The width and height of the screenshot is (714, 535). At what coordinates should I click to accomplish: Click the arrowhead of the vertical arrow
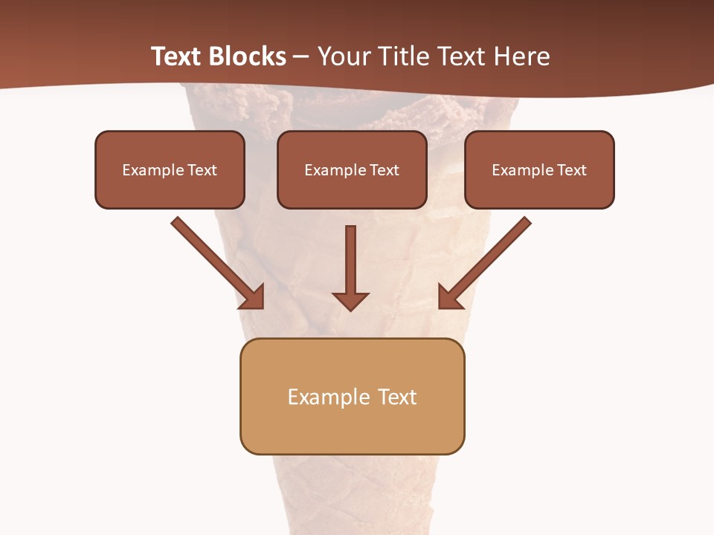(350, 300)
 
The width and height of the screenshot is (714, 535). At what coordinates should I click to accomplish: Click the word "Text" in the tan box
(396, 397)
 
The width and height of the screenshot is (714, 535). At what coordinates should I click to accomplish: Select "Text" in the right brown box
(571, 170)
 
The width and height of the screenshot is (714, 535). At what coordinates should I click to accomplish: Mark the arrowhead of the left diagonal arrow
(252, 296)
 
